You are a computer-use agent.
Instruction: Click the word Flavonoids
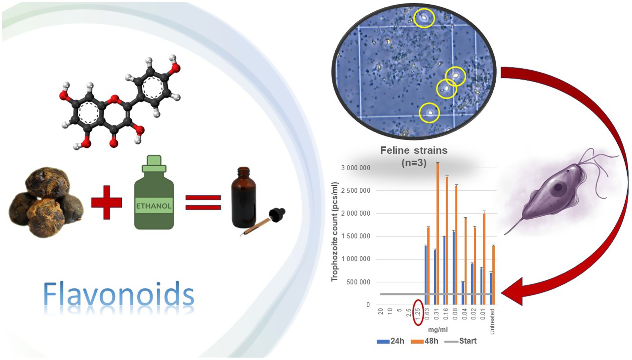click(x=118, y=294)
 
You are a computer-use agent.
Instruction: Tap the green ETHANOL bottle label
click(x=154, y=206)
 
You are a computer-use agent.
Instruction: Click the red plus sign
click(x=107, y=202)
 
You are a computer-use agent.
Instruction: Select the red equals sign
click(x=203, y=202)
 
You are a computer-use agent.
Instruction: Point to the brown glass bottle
click(x=244, y=200)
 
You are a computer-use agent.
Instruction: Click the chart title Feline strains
click(x=414, y=150)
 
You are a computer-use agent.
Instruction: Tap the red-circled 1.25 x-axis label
click(x=418, y=313)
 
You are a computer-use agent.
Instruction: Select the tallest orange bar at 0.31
click(x=438, y=233)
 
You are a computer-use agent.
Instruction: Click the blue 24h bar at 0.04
click(x=463, y=293)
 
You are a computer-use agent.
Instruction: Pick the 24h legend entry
click(x=391, y=341)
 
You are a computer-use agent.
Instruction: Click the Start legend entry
click(x=461, y=341)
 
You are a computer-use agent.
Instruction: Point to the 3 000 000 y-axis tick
click(x=355, y=168)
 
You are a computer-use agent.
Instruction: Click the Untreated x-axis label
click(x=492, y=321)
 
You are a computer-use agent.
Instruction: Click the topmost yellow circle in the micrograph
click(x=424, y=18)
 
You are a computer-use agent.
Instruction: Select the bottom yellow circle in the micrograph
click(x=430, y=113)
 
